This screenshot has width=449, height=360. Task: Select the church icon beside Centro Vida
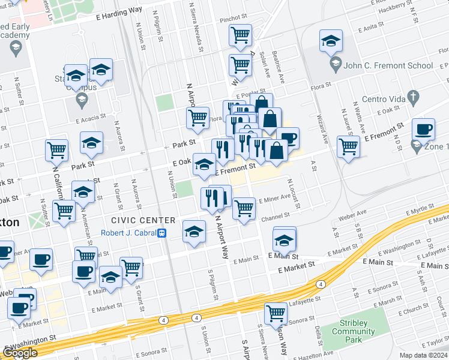coord(412,95)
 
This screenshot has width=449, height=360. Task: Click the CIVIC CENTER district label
coord(143,221)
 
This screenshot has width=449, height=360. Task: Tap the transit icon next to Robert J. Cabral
coord(161,233)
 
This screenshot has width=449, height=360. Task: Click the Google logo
coord(20,353)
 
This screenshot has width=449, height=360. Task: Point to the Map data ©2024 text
coord(424,355)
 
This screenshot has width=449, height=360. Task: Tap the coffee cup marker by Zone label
coord(423,130)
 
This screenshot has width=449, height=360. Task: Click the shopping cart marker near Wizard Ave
coord(348,146)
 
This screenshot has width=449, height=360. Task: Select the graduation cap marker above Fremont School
coord(330,41)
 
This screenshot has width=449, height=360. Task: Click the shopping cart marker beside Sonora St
coord(276,313)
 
